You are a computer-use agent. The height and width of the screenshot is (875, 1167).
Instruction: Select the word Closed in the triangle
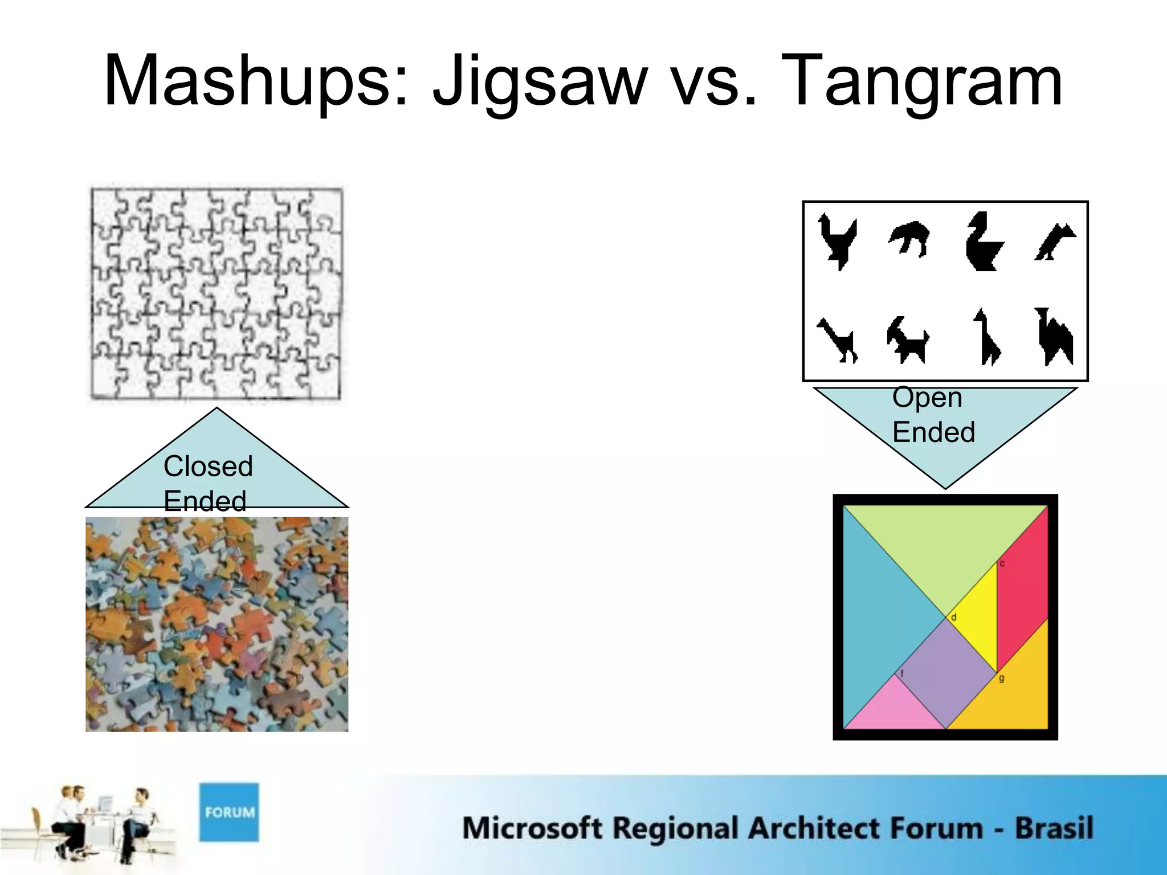pos(208,466)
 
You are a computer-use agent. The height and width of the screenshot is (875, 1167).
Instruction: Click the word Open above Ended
pos(927,397)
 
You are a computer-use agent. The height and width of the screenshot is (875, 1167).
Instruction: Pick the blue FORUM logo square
pos(229,812)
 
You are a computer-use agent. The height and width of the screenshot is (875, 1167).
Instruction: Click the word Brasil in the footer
pos(1054,828)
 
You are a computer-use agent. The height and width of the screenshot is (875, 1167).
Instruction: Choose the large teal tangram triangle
pos(878,615)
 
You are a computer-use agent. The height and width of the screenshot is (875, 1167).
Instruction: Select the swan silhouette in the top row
pos(983,242)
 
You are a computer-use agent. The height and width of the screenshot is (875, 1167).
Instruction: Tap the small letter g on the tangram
pos(1002,678)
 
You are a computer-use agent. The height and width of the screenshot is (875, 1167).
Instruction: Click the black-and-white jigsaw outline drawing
pos(217,293)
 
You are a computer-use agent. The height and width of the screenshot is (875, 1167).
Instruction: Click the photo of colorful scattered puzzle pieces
pos(217,624)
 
